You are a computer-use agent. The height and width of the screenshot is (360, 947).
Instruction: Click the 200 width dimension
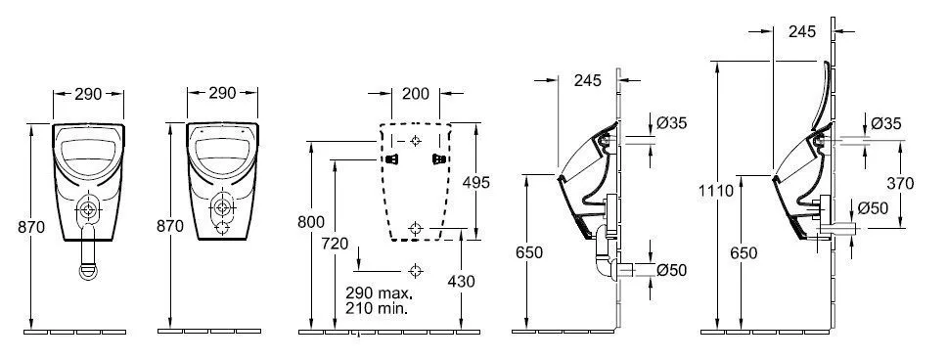416,94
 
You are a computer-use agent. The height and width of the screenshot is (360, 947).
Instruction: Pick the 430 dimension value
460,281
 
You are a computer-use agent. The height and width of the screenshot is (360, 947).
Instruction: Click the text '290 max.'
378,292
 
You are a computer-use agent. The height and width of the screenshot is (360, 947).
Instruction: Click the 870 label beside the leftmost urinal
32,225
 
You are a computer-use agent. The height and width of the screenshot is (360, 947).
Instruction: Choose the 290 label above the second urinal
222,94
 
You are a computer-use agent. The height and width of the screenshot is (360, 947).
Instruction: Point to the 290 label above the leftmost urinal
88,94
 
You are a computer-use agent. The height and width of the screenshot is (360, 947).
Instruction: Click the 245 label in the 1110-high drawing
802,32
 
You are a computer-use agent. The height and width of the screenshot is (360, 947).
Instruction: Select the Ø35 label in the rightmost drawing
885,123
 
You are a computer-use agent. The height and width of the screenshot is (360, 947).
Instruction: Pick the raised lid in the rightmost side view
820,98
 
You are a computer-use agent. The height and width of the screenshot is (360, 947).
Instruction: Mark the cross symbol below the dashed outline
416,269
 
